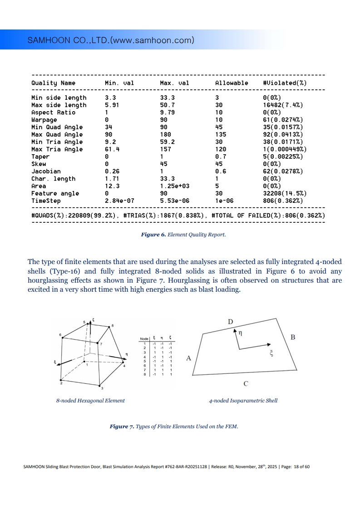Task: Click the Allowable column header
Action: coord(232,83)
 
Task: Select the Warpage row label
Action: coord(44,120)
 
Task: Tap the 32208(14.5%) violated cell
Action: coord(285,193)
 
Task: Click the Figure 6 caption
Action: coord(183,235)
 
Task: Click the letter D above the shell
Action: coord(231,322)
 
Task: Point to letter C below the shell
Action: coord(246,384)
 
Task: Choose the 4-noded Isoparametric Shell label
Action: coord(243,401)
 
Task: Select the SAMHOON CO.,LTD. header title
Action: coord(111,40)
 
